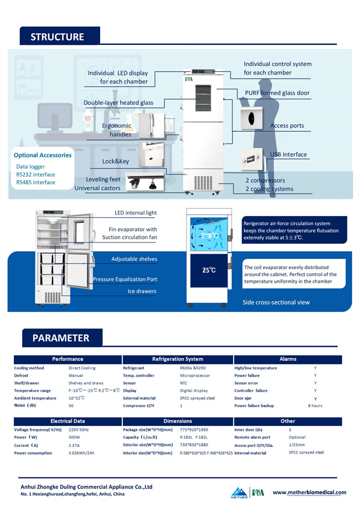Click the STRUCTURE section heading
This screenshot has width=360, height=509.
point(58,37)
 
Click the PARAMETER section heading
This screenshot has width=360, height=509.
point(61,338)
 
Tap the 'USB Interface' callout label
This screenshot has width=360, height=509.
point(288,155)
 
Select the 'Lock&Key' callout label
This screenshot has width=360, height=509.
point(116,161)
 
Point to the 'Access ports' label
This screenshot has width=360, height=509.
point(287,126)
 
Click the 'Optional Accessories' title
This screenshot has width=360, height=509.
point(43,155)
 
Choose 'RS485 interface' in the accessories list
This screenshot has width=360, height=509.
point(35,182)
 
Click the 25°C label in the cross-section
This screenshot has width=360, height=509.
point(209,270)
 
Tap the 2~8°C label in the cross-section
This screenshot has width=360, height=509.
point(209,235)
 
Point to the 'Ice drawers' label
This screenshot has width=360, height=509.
point(142,291)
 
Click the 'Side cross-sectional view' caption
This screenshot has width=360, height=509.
point(276,302)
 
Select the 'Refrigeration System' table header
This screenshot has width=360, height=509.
point(178,359)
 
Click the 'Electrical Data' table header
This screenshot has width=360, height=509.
point(68,421)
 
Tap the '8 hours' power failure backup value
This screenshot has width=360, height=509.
point(315,406)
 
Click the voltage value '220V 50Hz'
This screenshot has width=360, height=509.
point(79,430)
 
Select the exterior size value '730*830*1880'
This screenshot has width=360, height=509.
point(194,445)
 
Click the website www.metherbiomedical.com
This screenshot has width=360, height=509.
point(310,492)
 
